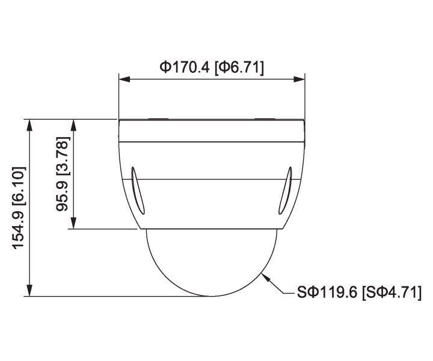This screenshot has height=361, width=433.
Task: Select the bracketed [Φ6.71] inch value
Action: [x=239, y=67]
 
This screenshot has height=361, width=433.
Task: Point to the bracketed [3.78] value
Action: [x=62, y=155]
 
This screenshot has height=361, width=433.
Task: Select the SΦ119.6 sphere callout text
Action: [x=327, y=293]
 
